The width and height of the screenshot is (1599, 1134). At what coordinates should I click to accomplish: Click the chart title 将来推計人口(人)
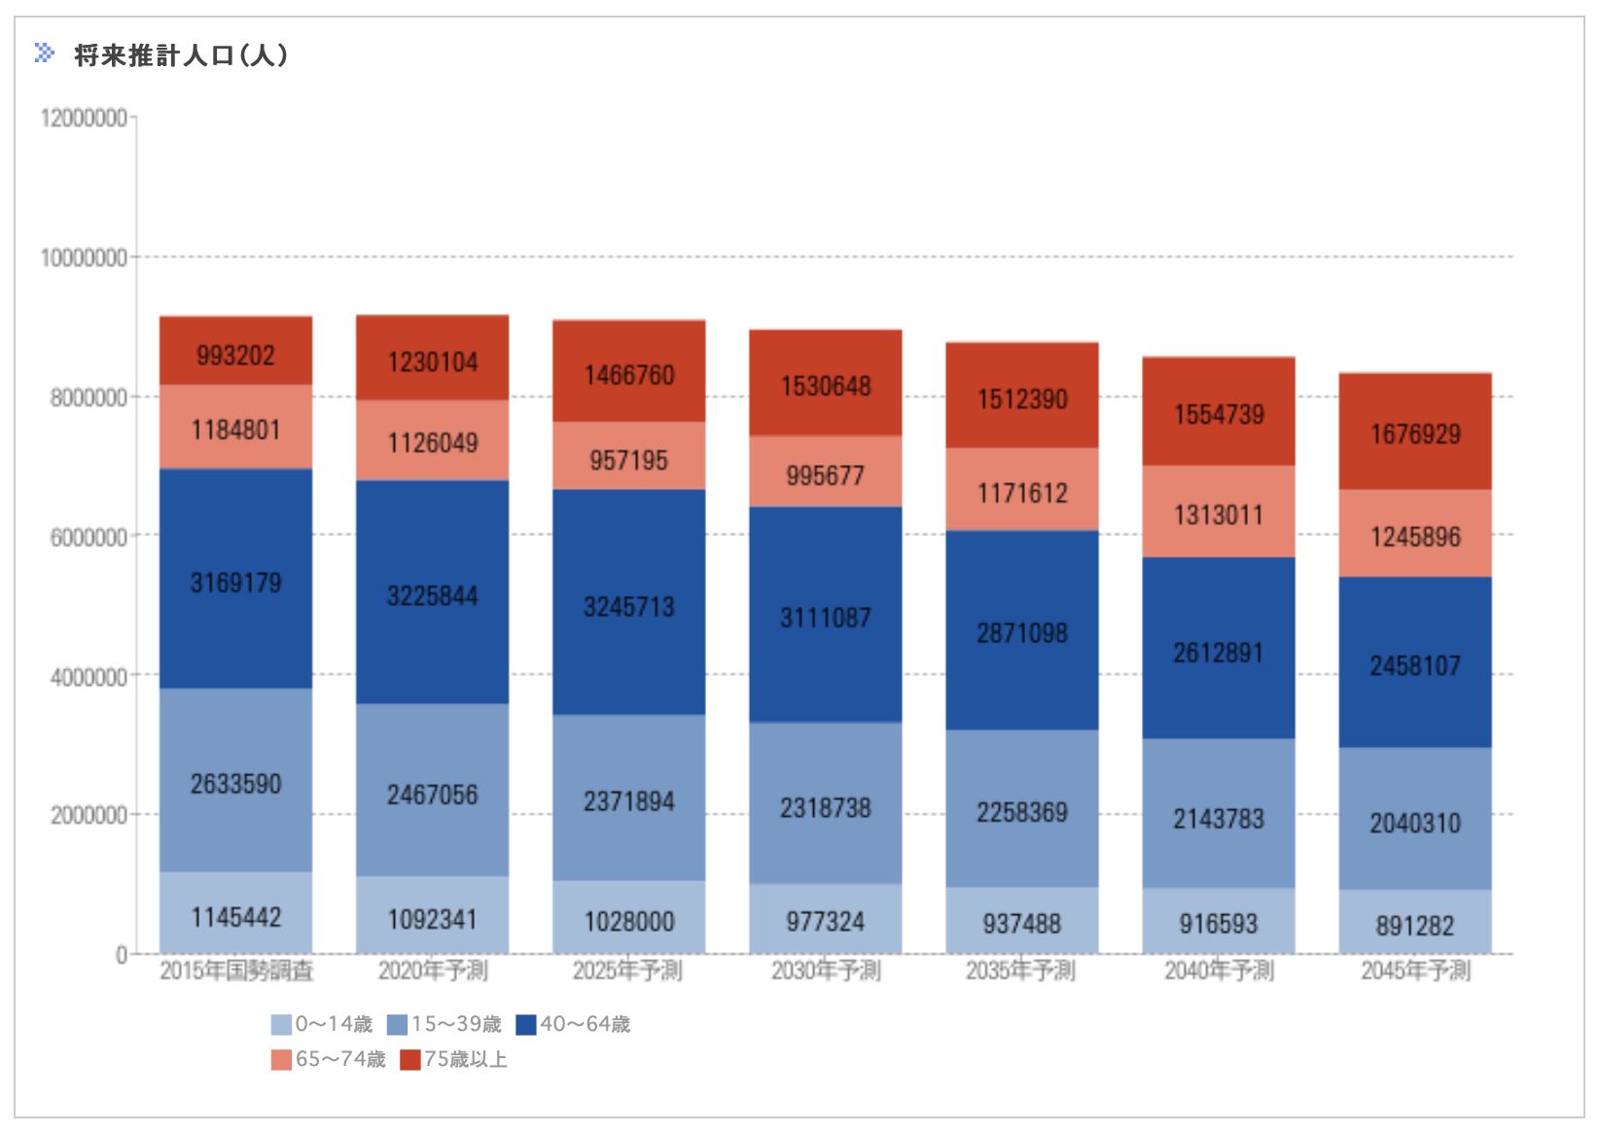[x=181, y=56]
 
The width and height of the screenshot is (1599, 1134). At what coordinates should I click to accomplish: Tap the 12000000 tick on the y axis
[x=84, y=119]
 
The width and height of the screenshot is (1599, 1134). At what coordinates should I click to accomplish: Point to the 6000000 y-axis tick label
[x=89, y=537]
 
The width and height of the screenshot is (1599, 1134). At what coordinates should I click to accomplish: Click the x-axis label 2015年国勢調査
[x=236, y=971]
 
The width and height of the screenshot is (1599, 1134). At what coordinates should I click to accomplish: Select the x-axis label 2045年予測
[x=1415, y=971]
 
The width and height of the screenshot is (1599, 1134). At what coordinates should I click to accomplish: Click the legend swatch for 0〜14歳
[x=281, y=1025]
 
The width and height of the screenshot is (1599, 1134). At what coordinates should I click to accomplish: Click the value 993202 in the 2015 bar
[x=236, y=355]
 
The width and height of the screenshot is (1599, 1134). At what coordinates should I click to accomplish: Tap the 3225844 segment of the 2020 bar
[x=433, y=595]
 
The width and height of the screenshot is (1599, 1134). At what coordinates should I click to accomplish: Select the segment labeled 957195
[x=629, y=460]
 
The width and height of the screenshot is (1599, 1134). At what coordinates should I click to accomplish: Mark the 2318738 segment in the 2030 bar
[x=826, y=808]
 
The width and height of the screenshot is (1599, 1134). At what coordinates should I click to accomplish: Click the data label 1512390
[x=1022, y=399]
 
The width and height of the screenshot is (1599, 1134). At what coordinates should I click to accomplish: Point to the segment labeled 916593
[x=1219, y=923]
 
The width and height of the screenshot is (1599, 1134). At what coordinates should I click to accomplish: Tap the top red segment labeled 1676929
[x=1415, y=434]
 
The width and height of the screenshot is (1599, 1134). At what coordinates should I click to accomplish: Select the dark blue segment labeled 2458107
[x=1415, y=666]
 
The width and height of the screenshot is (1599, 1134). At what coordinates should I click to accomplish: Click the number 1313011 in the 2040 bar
[x=1219, y=514]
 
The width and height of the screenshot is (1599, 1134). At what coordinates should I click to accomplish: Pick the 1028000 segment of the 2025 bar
[x=629, y=921]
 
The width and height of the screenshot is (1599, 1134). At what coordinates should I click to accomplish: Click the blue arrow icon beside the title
[x=45, y=53]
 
